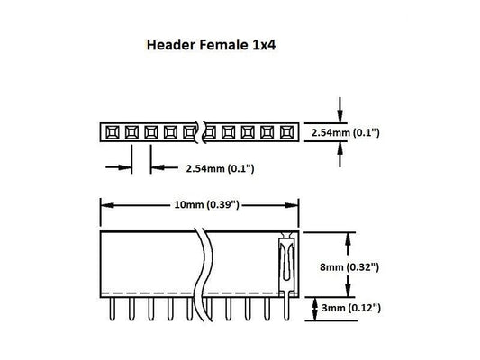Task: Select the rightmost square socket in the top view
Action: [x=288, y=133]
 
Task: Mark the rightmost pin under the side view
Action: [x=286, y=309]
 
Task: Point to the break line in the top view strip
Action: [x=202, y=133]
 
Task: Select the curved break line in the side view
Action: [x=205, y=261]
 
